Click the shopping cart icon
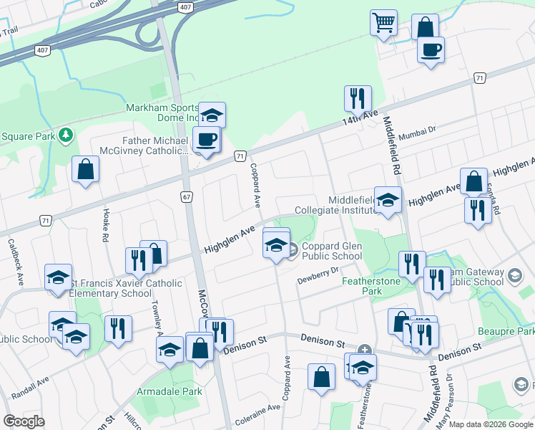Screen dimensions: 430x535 [x=383, y=23]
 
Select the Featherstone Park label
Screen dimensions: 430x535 [x=370, y=286]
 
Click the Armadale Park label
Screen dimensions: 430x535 [x=172, y=392]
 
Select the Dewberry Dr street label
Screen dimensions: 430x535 [x=318, y=275]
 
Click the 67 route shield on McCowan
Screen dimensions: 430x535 [x=186, y=196]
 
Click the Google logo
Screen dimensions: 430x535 [x=24, y=421]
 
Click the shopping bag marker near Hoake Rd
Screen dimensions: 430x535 [x=85, y=169]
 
